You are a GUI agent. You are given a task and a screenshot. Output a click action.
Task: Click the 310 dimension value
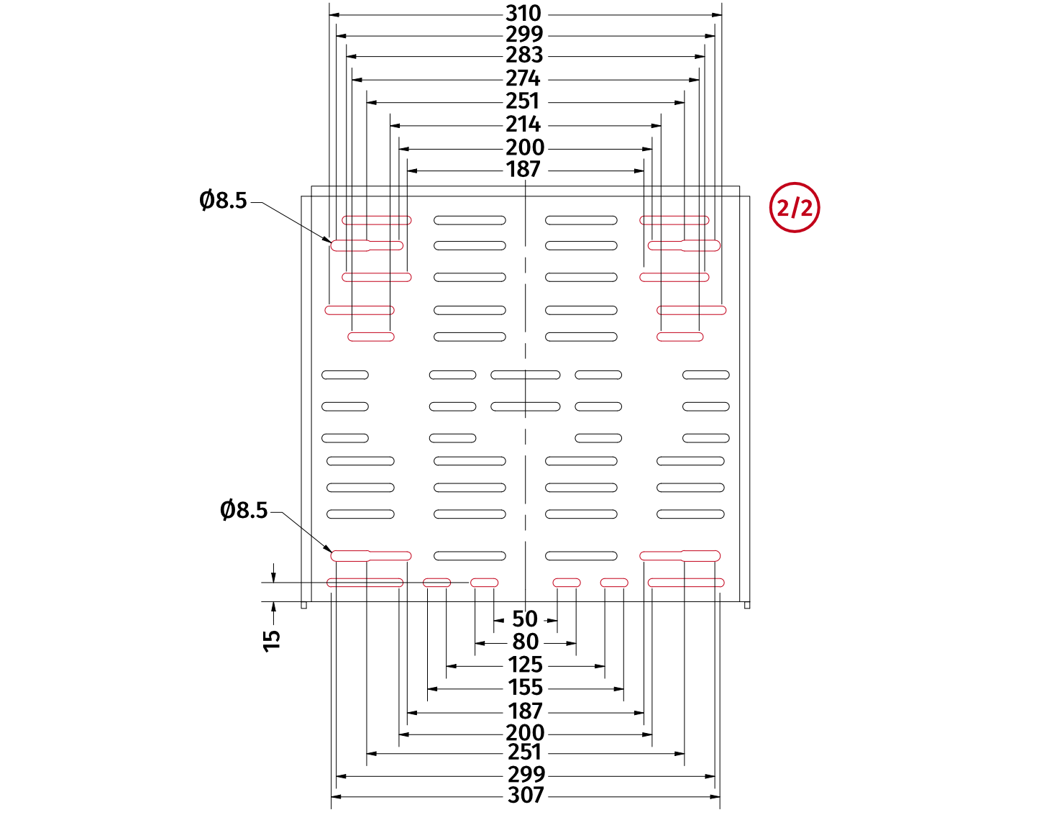523,14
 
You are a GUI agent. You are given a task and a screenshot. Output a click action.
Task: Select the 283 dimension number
523,55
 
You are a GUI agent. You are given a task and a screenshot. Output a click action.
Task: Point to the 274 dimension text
523,78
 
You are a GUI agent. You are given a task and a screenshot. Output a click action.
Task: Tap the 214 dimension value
523,124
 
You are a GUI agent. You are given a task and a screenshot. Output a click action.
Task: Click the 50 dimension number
525,619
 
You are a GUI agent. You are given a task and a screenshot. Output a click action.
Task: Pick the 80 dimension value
526,642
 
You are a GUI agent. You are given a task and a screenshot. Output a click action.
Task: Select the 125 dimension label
525,665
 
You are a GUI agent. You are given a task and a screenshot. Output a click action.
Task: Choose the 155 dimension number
525,688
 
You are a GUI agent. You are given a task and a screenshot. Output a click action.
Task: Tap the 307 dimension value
526,796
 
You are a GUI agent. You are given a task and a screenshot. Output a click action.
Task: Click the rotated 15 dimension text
272,640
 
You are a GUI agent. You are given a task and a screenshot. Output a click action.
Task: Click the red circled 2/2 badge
795,208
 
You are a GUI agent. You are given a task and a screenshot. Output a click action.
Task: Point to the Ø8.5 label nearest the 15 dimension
244,511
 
